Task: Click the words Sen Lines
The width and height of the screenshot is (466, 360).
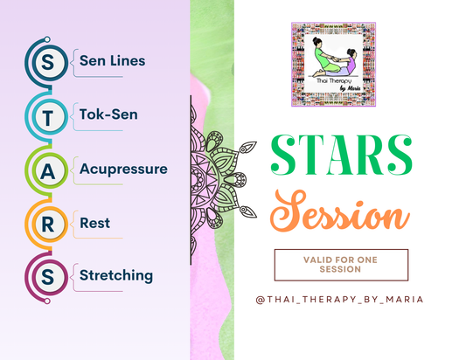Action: coord(112,61)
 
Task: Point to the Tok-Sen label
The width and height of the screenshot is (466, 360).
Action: coord(108,114)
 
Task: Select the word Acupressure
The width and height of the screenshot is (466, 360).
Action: coord(122,168)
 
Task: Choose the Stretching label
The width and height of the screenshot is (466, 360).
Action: coord(116,275)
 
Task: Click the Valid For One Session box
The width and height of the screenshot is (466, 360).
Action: coord(341,265)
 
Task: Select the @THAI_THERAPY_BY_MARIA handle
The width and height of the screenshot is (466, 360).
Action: coord(341,300)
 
